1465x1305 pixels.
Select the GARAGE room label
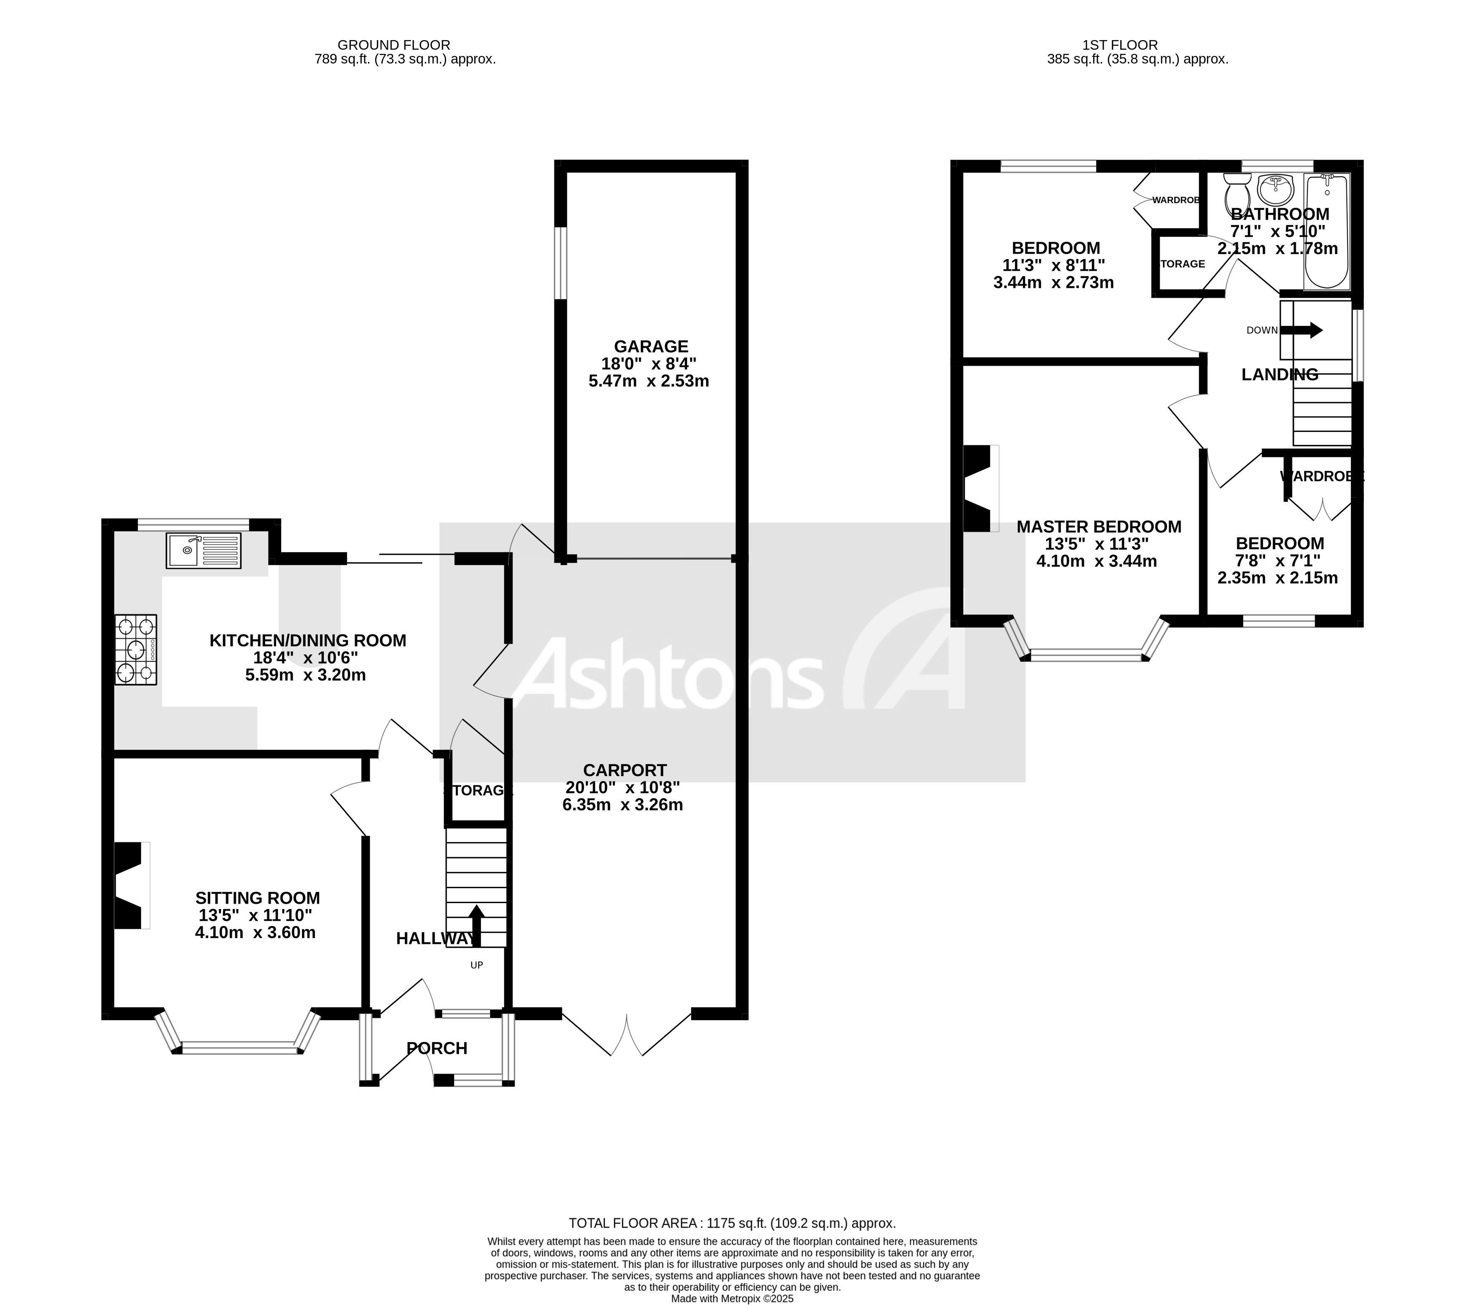(650, 346)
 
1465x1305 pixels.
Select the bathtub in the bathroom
(1326, 231)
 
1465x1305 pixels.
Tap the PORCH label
(437, 1048)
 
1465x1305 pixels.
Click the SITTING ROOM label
(257, 898)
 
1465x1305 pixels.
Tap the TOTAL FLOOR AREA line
(731, 1223)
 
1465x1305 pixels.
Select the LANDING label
(1279, 374)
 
